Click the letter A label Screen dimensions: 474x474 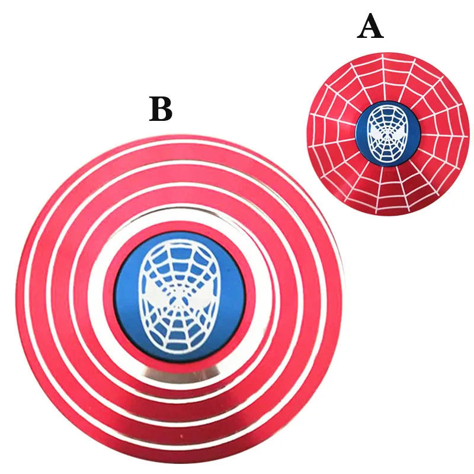pyautogui.click(x=370, y=27)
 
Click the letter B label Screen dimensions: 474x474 pyautogui.click(x=161, y=109)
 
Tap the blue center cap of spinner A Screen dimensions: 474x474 pyautogui.click(x=389, y=134)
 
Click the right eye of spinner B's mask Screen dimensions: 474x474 pyautogui.click(x=203, y=294)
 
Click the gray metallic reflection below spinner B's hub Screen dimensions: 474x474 pyautogui.click(x=181, y=375)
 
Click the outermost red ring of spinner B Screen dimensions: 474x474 pyautogui.click(x=181, y=143)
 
